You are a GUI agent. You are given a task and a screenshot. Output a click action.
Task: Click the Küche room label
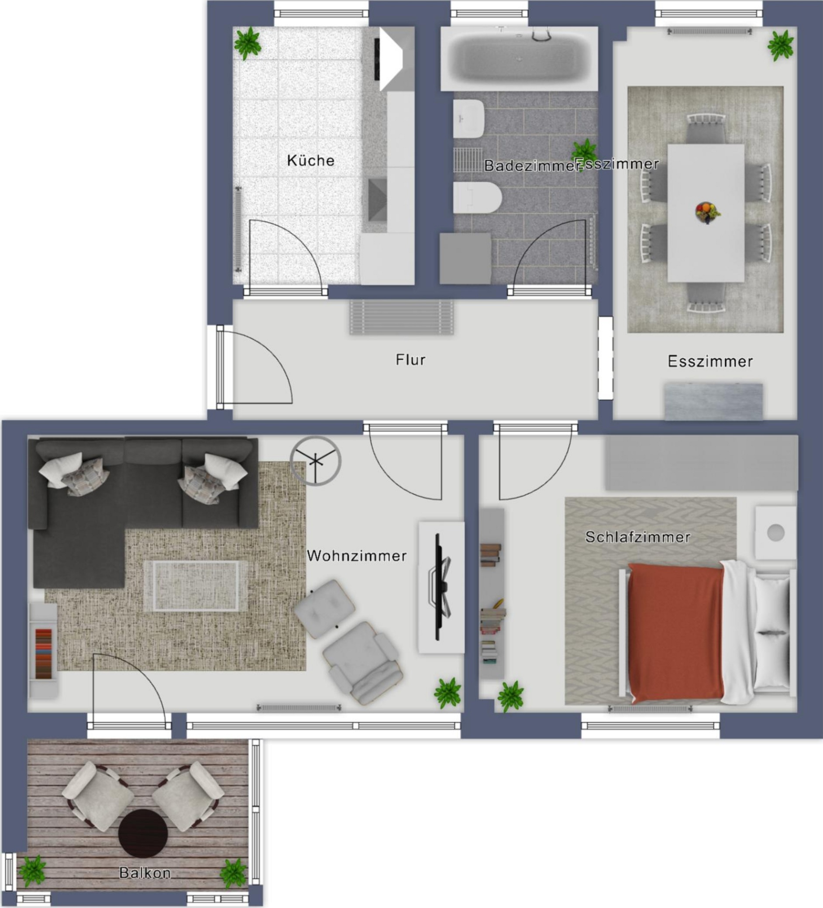click(x=311, y=160)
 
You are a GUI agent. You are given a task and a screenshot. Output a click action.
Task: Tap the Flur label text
click(x=410, y=359)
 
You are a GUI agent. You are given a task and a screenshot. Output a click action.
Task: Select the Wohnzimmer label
click(x=357, y=556)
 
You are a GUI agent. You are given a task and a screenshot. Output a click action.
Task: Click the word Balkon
click(x=145, y=873)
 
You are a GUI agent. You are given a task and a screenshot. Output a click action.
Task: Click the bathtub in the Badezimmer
click(x=519, y=58)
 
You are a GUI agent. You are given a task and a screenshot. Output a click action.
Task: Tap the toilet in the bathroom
click(x=477, y=197)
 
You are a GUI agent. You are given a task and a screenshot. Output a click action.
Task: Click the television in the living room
click(x=439, y=587)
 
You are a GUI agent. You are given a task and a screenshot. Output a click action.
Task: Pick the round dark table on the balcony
click(x=143, y=833)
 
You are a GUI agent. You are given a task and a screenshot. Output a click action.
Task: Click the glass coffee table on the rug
click(x=196, y=586)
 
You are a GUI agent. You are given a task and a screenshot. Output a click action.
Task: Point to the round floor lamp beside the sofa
click(x=316, y=461)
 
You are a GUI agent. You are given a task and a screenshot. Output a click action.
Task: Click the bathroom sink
click(x=468, y=118)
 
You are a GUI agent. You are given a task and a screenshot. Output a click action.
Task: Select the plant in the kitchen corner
click(x=247, y=42)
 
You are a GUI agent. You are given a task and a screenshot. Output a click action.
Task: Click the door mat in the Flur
click(x=402, y=318)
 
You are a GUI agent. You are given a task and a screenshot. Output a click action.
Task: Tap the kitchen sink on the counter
click(x=377, y=200)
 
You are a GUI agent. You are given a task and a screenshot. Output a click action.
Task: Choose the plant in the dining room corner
click(x=781, y=45)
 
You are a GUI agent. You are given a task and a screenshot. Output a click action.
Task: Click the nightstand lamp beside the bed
click(x=776, y=533)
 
